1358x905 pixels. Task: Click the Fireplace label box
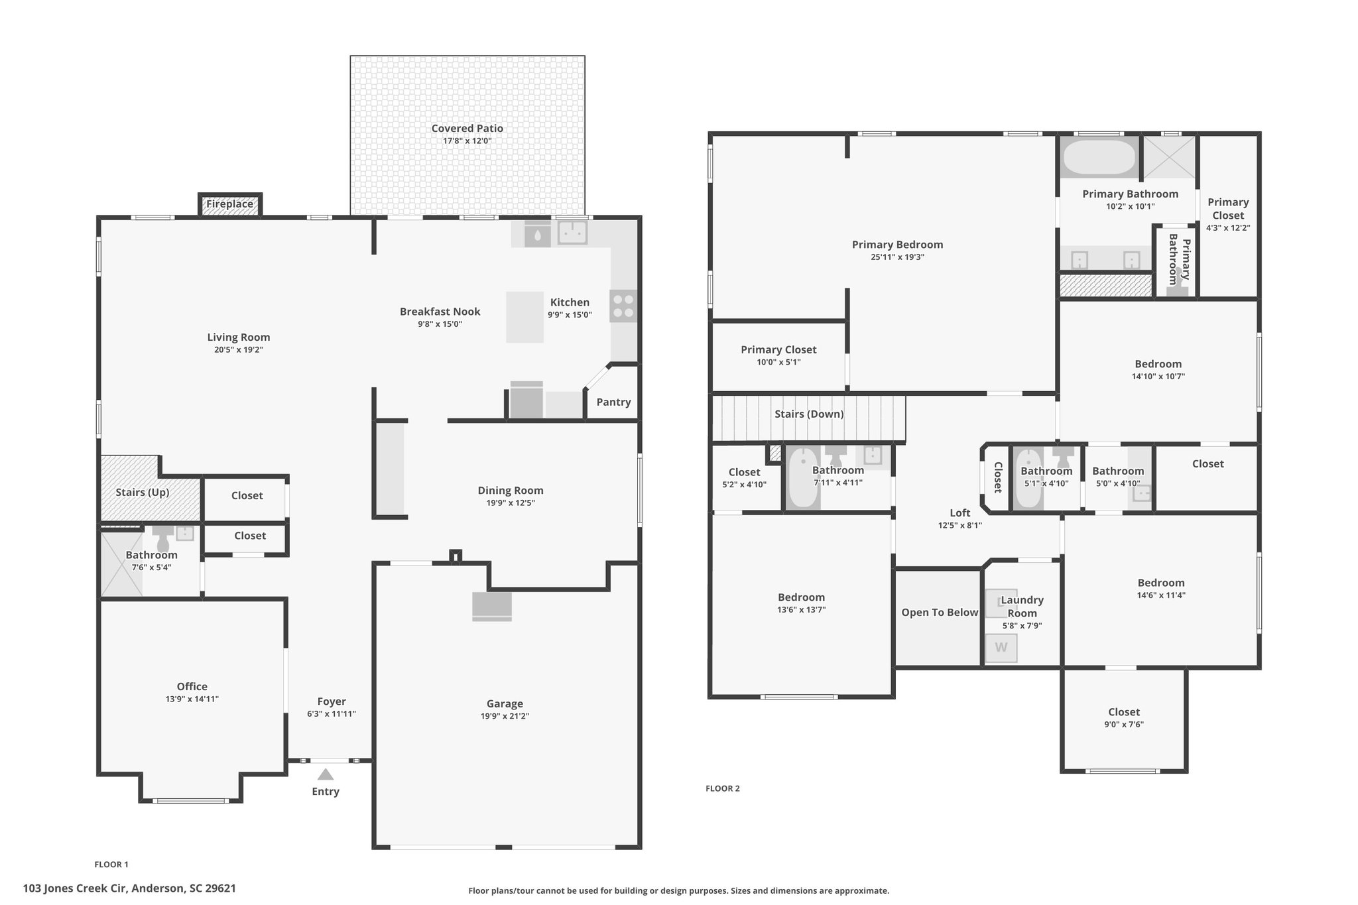tap(229, 204)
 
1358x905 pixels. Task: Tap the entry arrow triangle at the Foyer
tap(325, 774)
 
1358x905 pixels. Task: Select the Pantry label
tap(613, 402)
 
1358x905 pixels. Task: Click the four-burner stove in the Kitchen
tap(623, 306)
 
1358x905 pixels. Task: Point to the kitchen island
tap(525, 317)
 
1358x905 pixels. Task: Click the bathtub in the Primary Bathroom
tap(1099, 156)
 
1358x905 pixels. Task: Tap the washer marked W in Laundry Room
tap(1001, 648)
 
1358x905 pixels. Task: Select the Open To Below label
tap(940, 613)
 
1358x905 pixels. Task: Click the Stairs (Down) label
tap(809, 414)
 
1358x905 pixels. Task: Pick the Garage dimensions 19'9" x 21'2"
tap(505, 716)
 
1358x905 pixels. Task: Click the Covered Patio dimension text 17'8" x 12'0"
tap(467, 141)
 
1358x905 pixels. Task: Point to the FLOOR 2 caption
tap(723, 788)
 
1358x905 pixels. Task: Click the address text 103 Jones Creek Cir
tap(74, 888)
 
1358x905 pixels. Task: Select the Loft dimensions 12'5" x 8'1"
tap(959, 525)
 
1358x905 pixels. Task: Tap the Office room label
tap(192, 687)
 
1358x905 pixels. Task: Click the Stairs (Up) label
tap(143, 493)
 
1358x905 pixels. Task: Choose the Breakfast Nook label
tap(440, 312)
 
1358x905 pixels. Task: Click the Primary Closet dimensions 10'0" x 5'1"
tap(778, 362)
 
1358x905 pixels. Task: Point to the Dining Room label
tap(511, 491)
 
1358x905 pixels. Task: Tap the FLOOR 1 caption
tap(111, 865)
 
